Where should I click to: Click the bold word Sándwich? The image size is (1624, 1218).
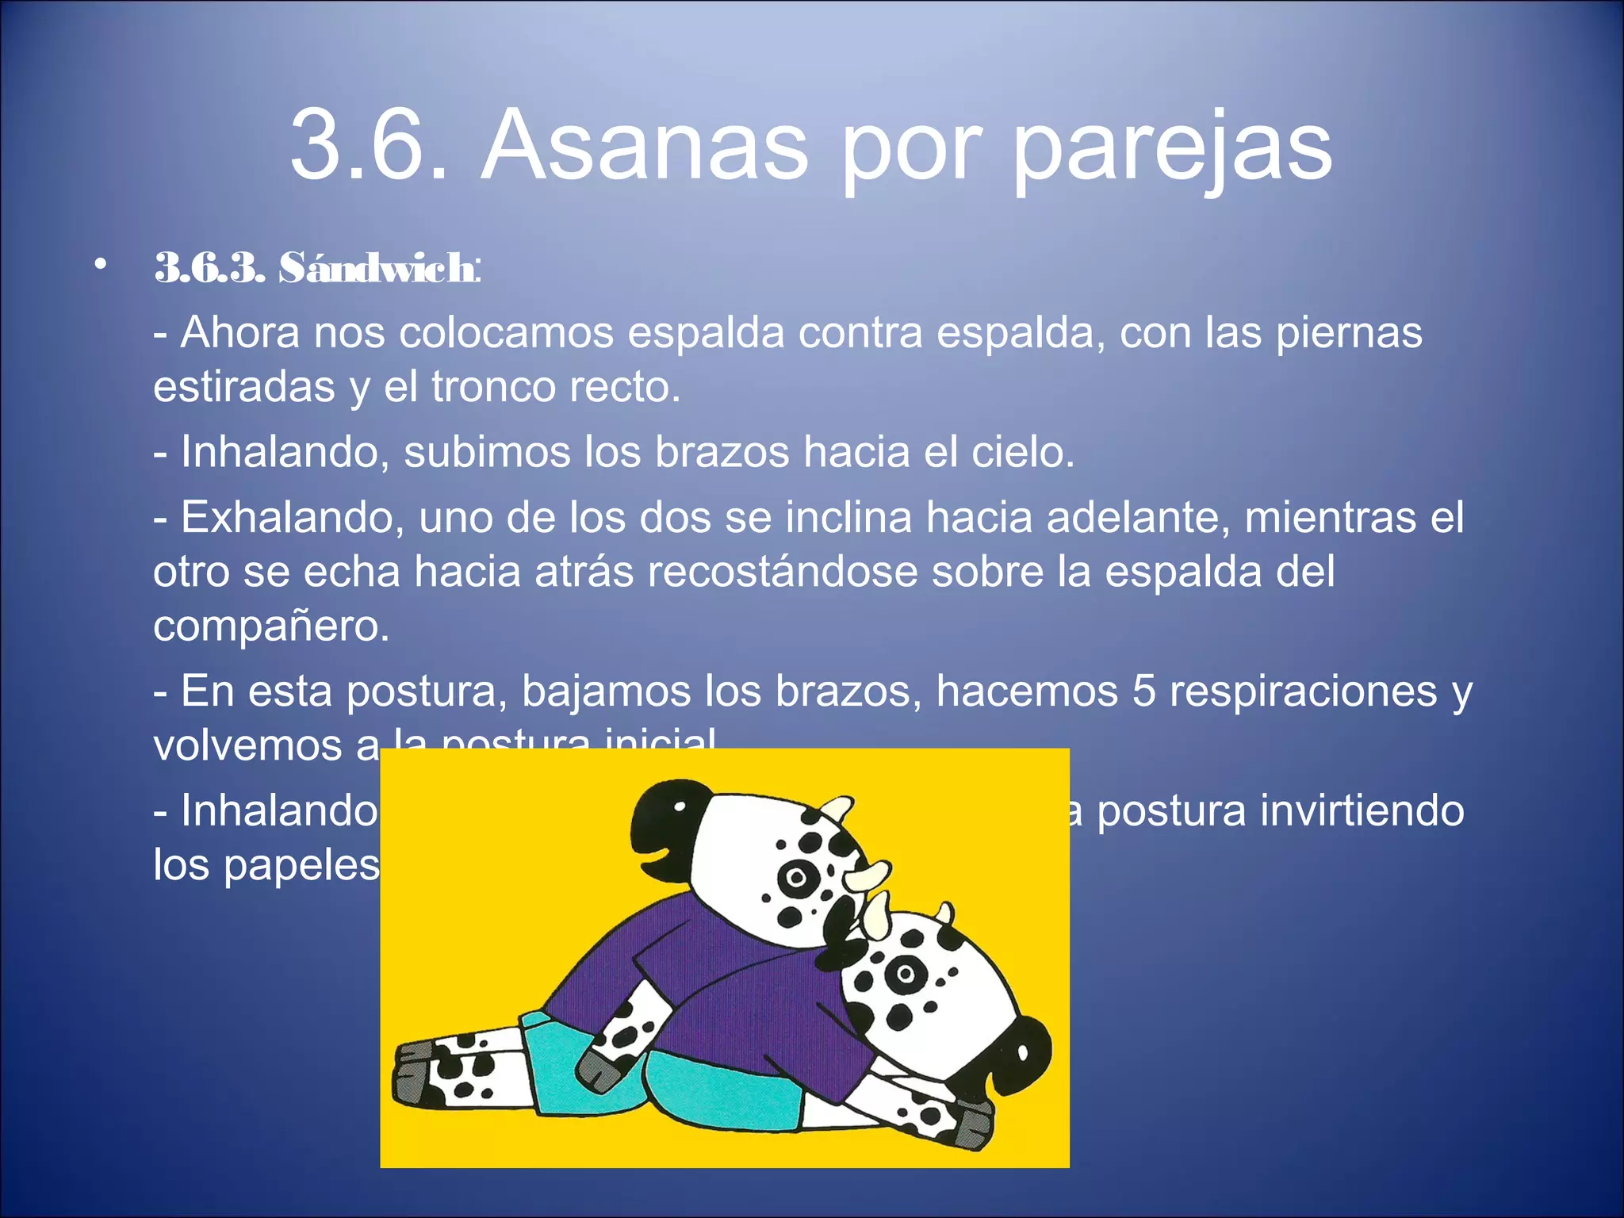(x=377, y=268)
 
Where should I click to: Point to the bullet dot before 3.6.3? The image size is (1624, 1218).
(x=99, y=264)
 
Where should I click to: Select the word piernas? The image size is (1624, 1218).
(x=1349, y=334)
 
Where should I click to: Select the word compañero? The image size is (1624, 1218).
(x=270, y=626)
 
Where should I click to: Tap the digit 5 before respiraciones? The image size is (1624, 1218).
(x=1143, y=691)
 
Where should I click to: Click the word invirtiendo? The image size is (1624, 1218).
(x=1362, y=810)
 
